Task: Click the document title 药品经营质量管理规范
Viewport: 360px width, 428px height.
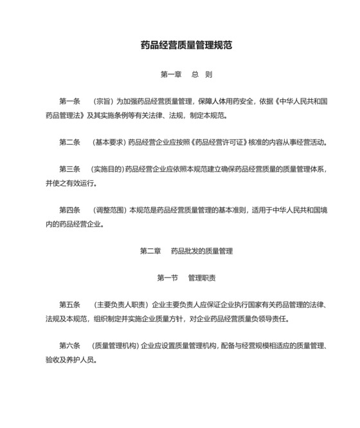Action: point(186,46)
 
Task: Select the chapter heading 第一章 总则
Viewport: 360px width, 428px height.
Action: point(186,75)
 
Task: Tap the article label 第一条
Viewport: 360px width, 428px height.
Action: point(69,102)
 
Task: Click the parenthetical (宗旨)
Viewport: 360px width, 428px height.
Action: point(103,102)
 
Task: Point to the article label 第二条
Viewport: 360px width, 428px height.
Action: point(69,142)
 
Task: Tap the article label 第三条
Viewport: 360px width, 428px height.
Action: point(69,169)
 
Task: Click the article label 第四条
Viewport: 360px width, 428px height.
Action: point(69,210)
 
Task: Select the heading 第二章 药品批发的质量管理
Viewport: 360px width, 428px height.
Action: point(186,250)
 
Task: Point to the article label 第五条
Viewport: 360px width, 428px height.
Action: point(69,304)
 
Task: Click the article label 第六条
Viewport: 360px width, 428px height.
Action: point(69,346)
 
